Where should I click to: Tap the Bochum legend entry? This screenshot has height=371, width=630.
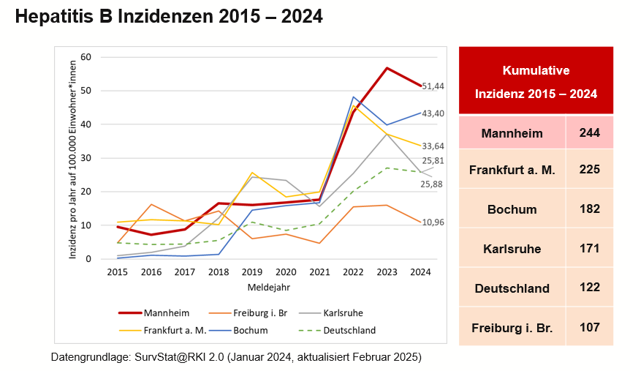coord(251,330)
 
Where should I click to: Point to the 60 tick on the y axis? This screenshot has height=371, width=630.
coord(86,57)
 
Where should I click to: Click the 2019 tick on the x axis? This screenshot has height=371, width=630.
coord(251,272)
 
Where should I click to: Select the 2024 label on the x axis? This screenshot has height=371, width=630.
coord(421,272)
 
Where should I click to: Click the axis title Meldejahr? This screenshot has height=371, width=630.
coord(268,286)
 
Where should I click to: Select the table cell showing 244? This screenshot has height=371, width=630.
coord(589,133)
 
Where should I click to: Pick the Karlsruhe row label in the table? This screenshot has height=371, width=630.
coord(512,249)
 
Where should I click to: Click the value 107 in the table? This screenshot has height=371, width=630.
coord(589,326)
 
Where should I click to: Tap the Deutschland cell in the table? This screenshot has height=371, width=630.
coord(512,288)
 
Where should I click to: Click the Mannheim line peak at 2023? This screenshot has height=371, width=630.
coord(387,68)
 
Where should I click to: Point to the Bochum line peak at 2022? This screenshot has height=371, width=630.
coord(353,97)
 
